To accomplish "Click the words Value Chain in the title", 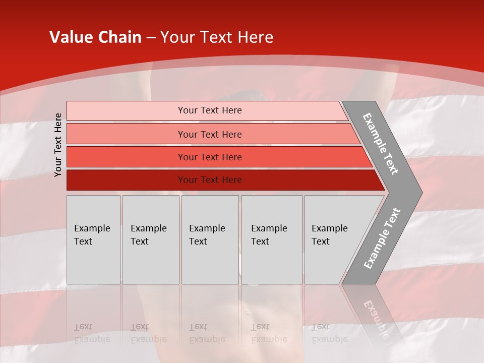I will tap(95, 37).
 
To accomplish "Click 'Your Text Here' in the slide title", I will tap(217, 37).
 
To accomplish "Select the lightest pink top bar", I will tap(126, 111).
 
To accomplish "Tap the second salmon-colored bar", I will tap(126, 134).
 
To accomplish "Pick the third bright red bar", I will tap(126, 157).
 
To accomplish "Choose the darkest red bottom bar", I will tap(126, 180).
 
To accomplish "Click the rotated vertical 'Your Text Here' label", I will tap(58, 145).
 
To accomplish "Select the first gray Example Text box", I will tap(93, 239).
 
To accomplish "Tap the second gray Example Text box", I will tap(151, 239).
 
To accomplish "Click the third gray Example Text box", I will tap(210, 239).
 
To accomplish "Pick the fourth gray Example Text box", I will tap(271, 239).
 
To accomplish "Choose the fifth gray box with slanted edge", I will tap(333, 239).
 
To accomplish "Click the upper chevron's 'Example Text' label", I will tap(381, 144).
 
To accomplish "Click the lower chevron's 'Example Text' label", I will tap(382, 238).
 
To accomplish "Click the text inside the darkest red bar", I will tap(210, 180).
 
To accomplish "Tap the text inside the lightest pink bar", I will tap(210, 110).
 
